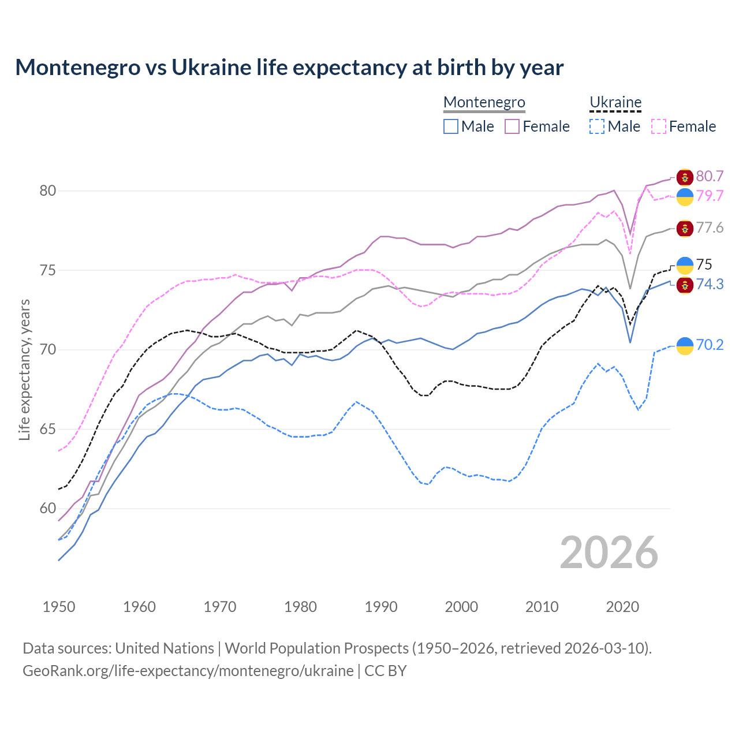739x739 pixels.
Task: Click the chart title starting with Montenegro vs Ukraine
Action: coord(289,68)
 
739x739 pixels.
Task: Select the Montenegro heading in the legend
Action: coord(484,102)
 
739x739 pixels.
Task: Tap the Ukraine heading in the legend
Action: coord(615,102)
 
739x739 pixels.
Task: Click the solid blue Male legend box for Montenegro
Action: coord(451,126)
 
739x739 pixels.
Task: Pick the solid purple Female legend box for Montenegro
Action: coord(512,126)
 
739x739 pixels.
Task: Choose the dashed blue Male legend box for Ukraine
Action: coord(597,126)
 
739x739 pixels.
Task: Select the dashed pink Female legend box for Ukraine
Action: coord(658,126)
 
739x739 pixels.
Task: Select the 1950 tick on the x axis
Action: coord(59,607)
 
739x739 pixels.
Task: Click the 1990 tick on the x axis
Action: coord(381,607)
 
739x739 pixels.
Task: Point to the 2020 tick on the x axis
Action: coord(622,607)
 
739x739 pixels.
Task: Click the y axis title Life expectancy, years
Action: coord(25,369)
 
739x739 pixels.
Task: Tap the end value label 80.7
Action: coord(710,176)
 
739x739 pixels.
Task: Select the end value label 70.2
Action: coord(710,345)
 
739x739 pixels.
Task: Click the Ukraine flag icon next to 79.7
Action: coord(685,196)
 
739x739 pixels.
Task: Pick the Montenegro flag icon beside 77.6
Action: coord(685,229)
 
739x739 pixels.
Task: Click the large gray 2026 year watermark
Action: coord(609,553)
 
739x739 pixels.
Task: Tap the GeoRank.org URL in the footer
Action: coord(188,671)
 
